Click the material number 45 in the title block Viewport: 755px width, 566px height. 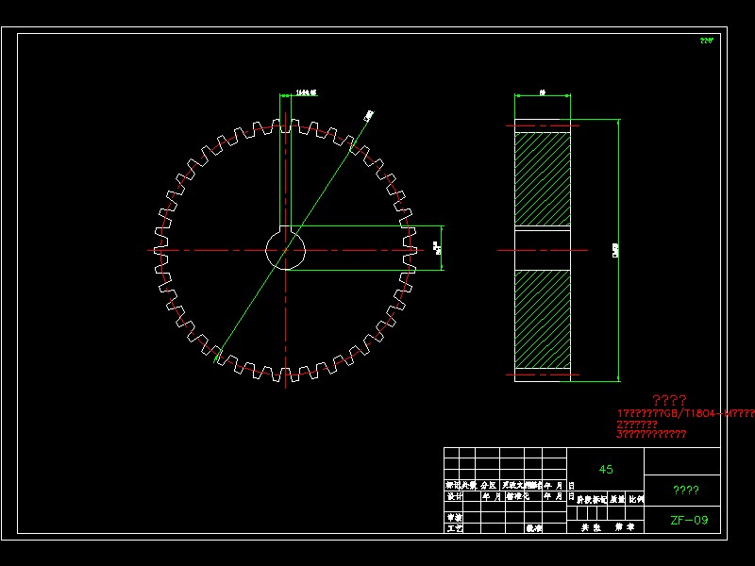[x=606, y=469]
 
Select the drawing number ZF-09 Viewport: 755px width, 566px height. [x=689, y=520]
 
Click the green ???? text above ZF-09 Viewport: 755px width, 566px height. [x=685, y=490]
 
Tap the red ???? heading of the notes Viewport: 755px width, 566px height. [x=669, y=400]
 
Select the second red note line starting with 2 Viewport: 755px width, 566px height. [x=637, y=424]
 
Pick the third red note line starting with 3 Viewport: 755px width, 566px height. [x=651, y=435]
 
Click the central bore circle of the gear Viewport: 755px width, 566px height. [x=286, y=250]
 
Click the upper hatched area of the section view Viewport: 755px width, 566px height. [x=543, y=179]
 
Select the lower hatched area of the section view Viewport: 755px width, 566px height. [x=543, y=321]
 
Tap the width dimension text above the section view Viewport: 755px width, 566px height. [x=543, y=92]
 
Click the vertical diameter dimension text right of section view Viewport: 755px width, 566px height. [x=615, y=251]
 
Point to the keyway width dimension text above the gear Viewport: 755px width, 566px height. [x=305, y=92]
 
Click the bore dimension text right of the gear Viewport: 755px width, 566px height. [x=436, y=248]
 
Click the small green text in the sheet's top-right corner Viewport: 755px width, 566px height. [x=707, y=41]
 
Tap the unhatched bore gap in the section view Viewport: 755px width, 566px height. [x=543, y=250]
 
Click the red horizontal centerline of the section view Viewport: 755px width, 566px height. [x=510, y=250]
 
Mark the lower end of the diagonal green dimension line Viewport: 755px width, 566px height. [x=216, y=361]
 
